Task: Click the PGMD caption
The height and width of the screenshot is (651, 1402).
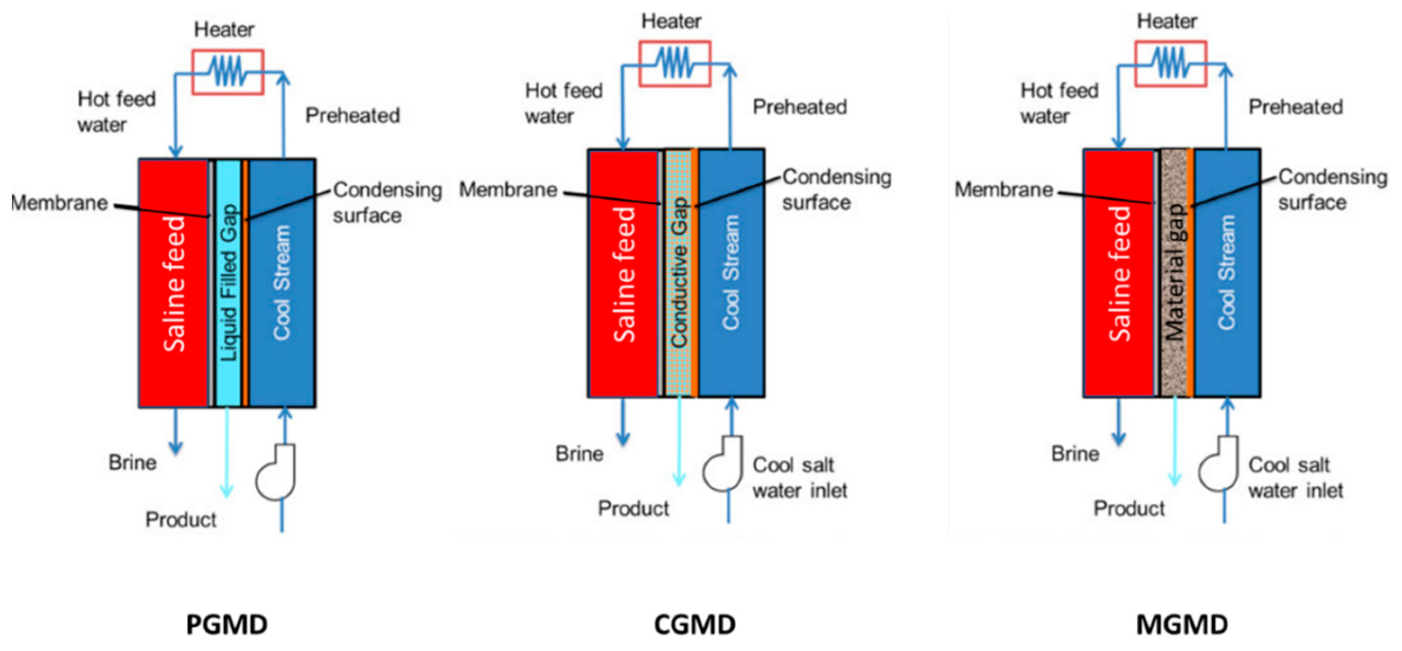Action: (x=227, y=624)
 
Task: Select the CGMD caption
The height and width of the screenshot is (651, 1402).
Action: (x=694, y=624)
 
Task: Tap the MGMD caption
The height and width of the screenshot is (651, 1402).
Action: (x=1182, y=624)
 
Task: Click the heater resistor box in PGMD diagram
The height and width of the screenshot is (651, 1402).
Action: (x=227, y=72)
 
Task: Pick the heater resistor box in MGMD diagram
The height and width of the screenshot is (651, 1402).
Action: (x=1171, y=63)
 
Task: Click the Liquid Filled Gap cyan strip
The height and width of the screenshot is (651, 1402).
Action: (x=229, y=283)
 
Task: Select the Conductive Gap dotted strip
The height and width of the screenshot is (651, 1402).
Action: (x=678, y=272)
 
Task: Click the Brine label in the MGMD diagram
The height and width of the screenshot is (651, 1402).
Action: (x=1075, y=453)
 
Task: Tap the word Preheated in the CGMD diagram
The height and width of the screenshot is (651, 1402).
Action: (x=800, y=107)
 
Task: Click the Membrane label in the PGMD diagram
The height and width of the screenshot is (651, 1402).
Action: (x=60, y=203)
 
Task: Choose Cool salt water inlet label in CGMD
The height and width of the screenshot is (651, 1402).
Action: (x=800, y=478)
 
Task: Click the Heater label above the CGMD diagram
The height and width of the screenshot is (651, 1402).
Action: (x=671, y=21)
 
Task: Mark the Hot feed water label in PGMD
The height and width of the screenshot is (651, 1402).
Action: (x=117, y=112)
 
